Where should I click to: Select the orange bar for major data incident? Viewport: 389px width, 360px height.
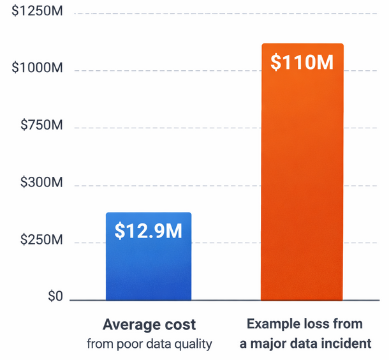coord(302,191)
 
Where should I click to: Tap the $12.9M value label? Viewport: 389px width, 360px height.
coord(149,230)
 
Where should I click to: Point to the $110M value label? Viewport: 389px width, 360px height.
coord(302,63)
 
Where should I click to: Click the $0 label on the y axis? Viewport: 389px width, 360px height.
coord(54,297)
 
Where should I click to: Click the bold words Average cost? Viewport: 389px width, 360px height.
coord(149,324)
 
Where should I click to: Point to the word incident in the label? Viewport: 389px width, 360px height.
coord(348,344)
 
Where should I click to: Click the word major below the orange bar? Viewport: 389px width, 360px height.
coord(268,344)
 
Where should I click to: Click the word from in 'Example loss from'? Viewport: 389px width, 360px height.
coord(347,324)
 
